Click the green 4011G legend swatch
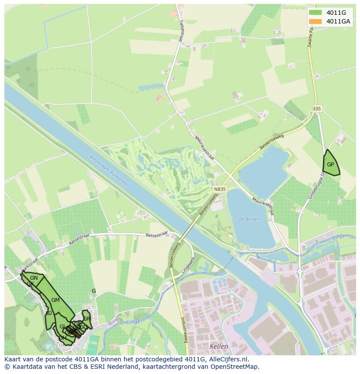click(x=315, y=12)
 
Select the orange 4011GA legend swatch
click(x=315, y=21)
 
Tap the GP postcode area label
click(x=330, y=165)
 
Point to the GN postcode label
click(x=34, y=278)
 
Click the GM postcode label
click(x=55, y=300)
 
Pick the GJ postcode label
click(x=49, y=313)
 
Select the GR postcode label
click(x=87, y=318)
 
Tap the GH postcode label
click(x=63, y=338)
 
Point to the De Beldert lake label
click(x=250, y=219)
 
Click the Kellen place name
click(x=219, y=346)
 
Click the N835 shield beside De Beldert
click(x=220, y=189)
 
